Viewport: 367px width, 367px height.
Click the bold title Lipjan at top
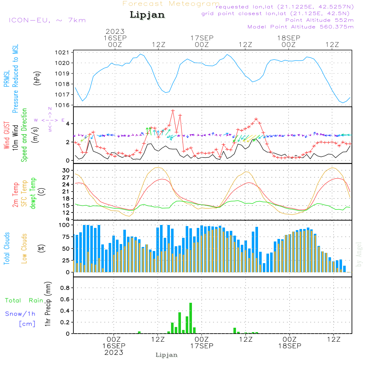(x=147, y=15)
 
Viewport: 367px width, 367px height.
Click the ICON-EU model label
(x=47, y=20)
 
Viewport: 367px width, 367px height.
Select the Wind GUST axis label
(x=7, y=136)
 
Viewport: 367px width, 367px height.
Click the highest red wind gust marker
(x=173, y=110)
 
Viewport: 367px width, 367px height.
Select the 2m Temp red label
(x=15, y=193)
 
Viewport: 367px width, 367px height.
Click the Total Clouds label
(x=7, y=248)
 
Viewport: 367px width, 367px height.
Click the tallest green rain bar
(x=191, y=318)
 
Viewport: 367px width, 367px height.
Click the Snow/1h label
(x=20, y=314)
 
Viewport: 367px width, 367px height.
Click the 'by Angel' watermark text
(x=359, y=254)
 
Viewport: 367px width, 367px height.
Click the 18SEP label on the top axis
(x=288, y=38)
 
